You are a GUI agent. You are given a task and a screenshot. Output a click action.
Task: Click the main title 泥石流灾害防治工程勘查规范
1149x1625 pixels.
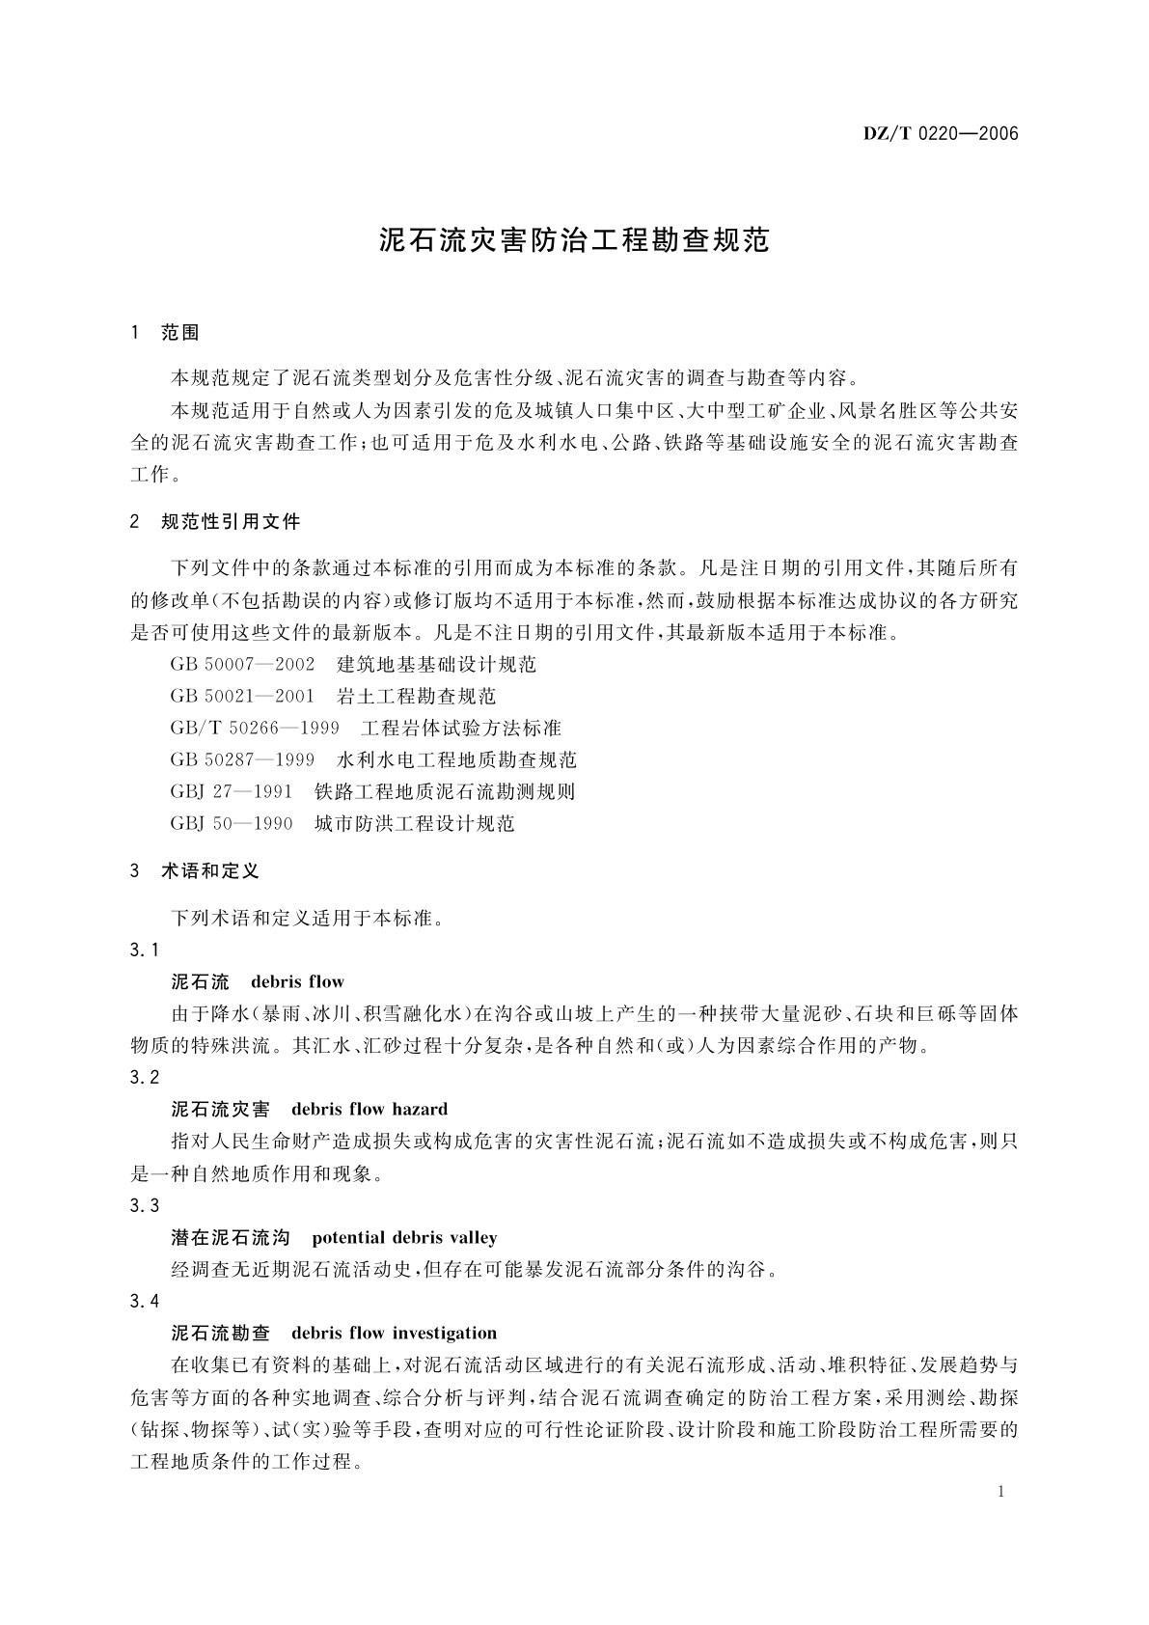(x=575, y=240)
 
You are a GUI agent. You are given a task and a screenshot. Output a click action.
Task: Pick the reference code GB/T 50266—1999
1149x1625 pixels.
(x=255, y=728)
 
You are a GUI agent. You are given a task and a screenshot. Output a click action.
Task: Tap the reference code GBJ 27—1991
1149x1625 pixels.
(x=232, y=791)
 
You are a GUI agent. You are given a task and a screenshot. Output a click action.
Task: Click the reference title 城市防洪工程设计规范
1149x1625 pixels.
(x=415, y=823)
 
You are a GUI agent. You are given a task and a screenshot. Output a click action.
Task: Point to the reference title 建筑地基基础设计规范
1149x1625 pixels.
(x=437, y=665)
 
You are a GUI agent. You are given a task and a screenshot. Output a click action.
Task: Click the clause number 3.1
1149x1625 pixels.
(x=145, y=950)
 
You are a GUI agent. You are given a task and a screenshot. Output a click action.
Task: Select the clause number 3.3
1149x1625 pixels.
(x=145, y=1205)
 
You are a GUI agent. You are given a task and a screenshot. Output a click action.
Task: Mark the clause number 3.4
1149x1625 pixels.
(x=145, y=1301)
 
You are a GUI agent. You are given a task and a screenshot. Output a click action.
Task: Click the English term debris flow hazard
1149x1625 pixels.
(x=369, y=1110)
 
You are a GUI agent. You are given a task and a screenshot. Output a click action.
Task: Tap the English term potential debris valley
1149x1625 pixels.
(x=404, y=1237)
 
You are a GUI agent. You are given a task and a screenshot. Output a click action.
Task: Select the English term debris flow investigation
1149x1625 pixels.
(x=394, y=1333)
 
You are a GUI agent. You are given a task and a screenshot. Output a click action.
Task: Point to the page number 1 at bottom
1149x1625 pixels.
(x=1001, y=1491)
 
